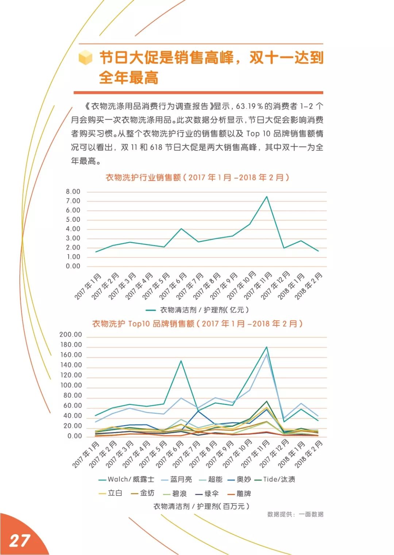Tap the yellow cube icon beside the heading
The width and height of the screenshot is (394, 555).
(x=86, y=58)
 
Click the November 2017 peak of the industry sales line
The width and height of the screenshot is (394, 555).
(x=267, y=197)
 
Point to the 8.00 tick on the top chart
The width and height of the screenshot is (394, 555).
(x=73, y=192)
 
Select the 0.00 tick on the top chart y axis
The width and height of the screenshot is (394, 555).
(x=73, y=266)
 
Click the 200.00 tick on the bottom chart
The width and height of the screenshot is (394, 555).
(x=71, y=335)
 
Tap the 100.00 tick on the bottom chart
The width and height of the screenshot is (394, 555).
(x=71, y=385)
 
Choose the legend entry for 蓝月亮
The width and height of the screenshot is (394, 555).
(x=181, y=479)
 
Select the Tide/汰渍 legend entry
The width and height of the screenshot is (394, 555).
(x=279, y=479)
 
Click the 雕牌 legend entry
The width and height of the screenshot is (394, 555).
(x=244, y=494)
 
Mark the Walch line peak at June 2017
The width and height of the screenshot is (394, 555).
(x=181, y=361)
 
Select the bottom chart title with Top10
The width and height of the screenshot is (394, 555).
(x=197, y=324)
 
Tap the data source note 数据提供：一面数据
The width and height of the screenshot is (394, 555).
(x=295, y=514)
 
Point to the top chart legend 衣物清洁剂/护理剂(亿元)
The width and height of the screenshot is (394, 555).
(x=204, y=310)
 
